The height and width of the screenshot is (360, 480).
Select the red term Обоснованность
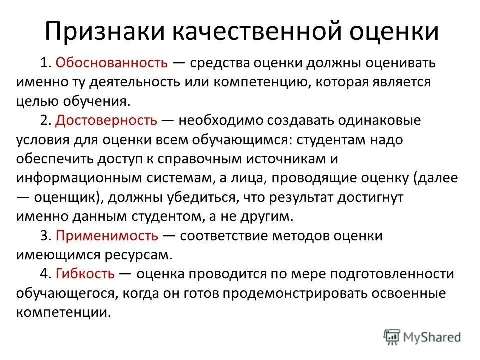pyautogui.click(x=111, y=63)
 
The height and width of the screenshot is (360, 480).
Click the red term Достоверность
pyautogui.click(x=107, y=120)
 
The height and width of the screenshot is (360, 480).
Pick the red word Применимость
pyautogui.click(x=107, y=235)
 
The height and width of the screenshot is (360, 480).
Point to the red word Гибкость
pyautogui.click(x=86, y=274)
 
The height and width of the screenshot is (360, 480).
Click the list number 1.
pyautogui.click(x=45, y=63)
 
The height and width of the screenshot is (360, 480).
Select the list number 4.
pyautogui.click(x=45, y=274)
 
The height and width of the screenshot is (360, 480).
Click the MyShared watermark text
pyautogui.click(x=433, y=337)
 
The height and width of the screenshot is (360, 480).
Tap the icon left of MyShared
pyautogui.click(x=392, y=337)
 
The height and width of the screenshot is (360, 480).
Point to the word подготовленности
pyautogui.click(x=375, y=274)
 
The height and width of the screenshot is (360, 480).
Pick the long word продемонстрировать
pyautogui.click(x=306, y=293)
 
